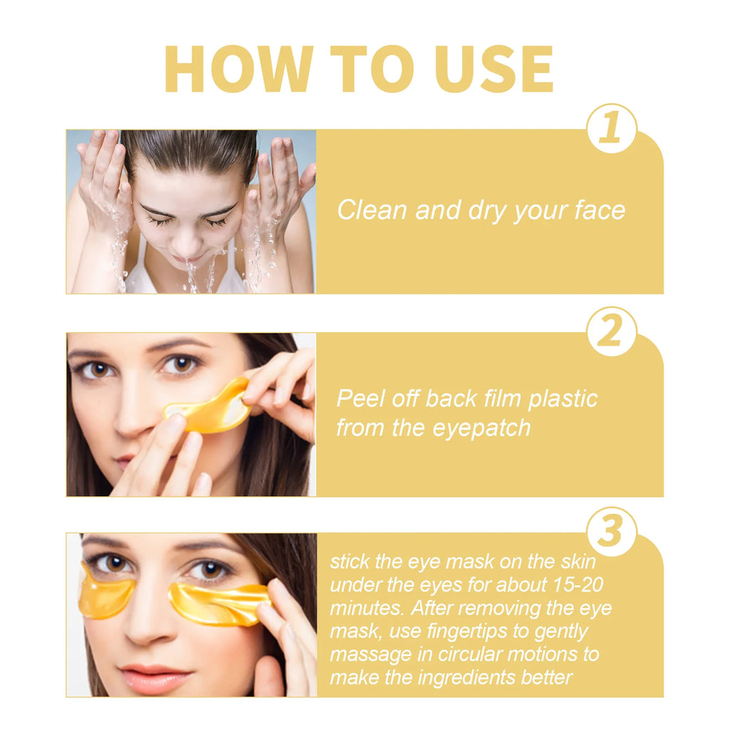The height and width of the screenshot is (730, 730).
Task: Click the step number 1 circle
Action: pos(611,129)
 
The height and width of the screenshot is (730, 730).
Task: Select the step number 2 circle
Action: pos(611,332)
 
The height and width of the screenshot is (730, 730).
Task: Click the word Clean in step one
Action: pos(370,210)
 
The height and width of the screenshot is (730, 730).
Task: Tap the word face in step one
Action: pos(600,210)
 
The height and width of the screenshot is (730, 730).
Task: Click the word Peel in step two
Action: pos(358,399)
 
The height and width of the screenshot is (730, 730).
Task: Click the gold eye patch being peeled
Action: pos(207,408)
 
